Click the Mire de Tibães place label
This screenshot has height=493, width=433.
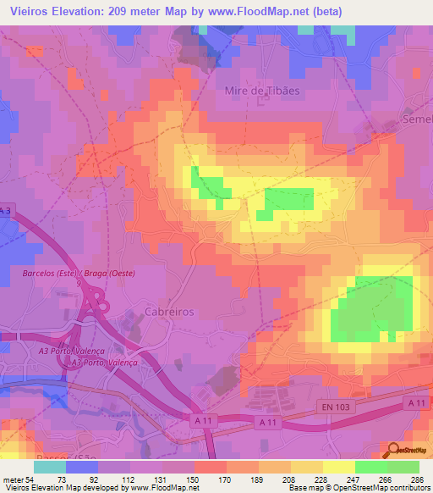coord(262,90)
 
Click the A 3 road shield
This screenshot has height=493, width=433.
coord(7,210)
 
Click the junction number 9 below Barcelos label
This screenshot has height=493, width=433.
coord(79,283)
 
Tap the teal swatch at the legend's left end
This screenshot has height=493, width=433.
coord(49,466)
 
